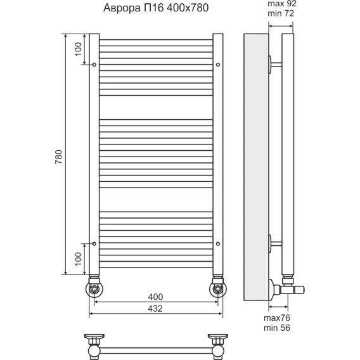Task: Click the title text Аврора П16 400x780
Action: (x=156, y=8)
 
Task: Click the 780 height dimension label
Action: (x=59, y=157)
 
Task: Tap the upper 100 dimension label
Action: (x=79, y=49)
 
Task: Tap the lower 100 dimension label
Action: (x=79, y=259)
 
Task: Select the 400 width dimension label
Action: (x=155, y=297)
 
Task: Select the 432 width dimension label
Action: (x=155, y=309)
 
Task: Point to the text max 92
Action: (x=282, y=4)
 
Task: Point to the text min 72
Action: (x=281, y=13)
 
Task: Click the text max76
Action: (x=277, y=318)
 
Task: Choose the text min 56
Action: (x=277, y=328)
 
